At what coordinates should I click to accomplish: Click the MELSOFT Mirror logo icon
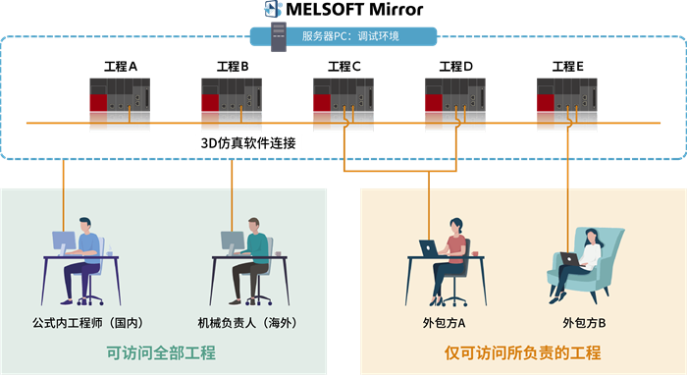(x=273, y=9)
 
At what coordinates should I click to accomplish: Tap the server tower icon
(x=279, y=37)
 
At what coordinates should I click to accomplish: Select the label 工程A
(x=121, y=67)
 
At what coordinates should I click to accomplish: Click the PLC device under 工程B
(x=232, y=94)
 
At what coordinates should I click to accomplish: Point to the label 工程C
(x=343, y=67)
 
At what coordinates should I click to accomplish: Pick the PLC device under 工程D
(x=455, y=94)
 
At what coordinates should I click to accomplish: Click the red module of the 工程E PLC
(x=546, y=103)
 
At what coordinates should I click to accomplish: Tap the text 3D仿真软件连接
(x=248, y=143)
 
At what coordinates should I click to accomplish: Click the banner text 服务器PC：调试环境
(x=350, y=36)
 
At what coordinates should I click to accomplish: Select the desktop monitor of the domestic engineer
(x=64, y=241)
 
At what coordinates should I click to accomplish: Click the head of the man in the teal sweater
(x=253, y=225)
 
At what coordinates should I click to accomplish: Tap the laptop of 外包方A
(x=429, y=248)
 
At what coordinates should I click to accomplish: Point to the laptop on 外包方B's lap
(x=569, y=259)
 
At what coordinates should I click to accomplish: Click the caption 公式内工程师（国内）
(x=87, y=323)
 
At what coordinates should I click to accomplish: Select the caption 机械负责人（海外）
(x=247, y=323)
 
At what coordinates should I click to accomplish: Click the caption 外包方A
(x=444, y=323)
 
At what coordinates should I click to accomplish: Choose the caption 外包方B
(x=584, y=323)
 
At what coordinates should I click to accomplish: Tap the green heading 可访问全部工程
(x=161, y=352)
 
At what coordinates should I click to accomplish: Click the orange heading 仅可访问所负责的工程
(x=523, y=352)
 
